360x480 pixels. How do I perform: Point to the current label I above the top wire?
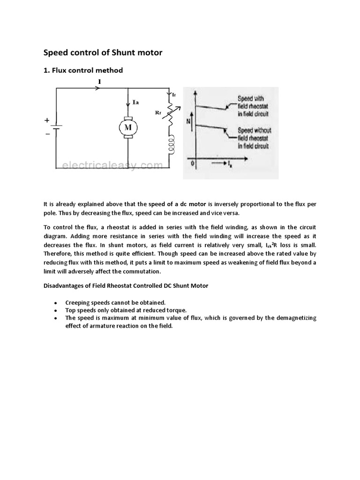99,82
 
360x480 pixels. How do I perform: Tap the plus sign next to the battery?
47,120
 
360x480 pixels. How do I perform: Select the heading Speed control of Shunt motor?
103,52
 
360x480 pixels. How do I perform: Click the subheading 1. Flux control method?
83,70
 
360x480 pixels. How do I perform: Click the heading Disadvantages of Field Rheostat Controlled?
126,285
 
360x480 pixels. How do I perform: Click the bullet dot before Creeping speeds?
56,303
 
